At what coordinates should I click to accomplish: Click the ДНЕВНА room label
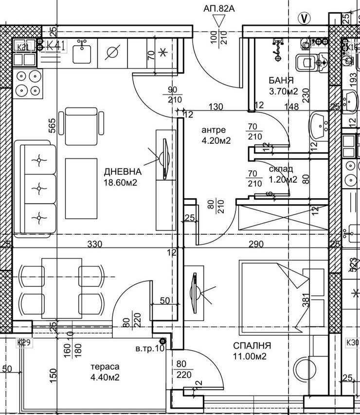tap(123, 172)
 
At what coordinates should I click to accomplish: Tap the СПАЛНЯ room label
tap(252, 346)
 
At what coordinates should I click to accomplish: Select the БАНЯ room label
tap(281, 80)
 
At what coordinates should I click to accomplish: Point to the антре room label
tap(214, 130)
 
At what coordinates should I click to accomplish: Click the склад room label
tap(281, 169)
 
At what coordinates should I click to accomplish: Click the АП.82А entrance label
tap(219, 8)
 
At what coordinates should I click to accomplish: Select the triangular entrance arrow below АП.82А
tap(219, 21)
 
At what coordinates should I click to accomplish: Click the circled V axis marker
tap(305, 18)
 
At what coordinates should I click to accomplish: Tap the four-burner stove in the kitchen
tap(28, 83)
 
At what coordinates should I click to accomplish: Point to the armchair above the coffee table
tap(85, 121)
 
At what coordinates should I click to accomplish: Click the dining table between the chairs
tap(61, 288)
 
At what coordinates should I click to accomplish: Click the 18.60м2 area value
tap(120, 183)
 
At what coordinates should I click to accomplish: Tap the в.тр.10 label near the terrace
tap(150, 348)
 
